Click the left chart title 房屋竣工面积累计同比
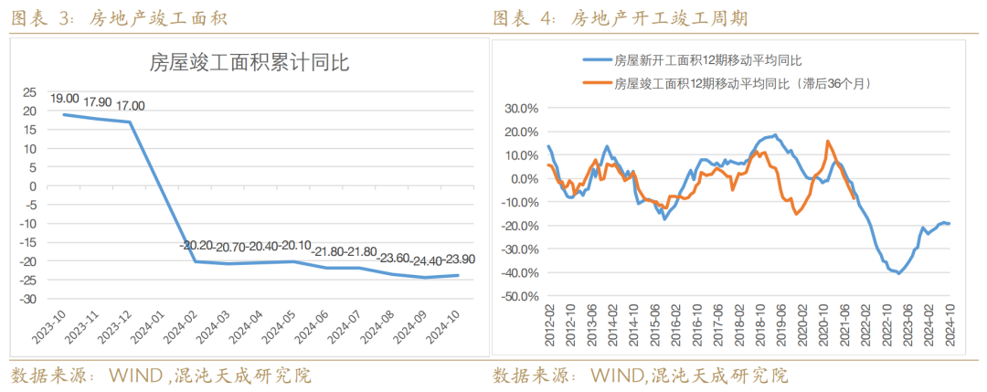click(x=249, y=64)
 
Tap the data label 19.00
click(x=64, y=99)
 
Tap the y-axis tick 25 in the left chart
click(x=30, y=92)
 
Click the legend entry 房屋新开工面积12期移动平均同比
click(x=707, y=60)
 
